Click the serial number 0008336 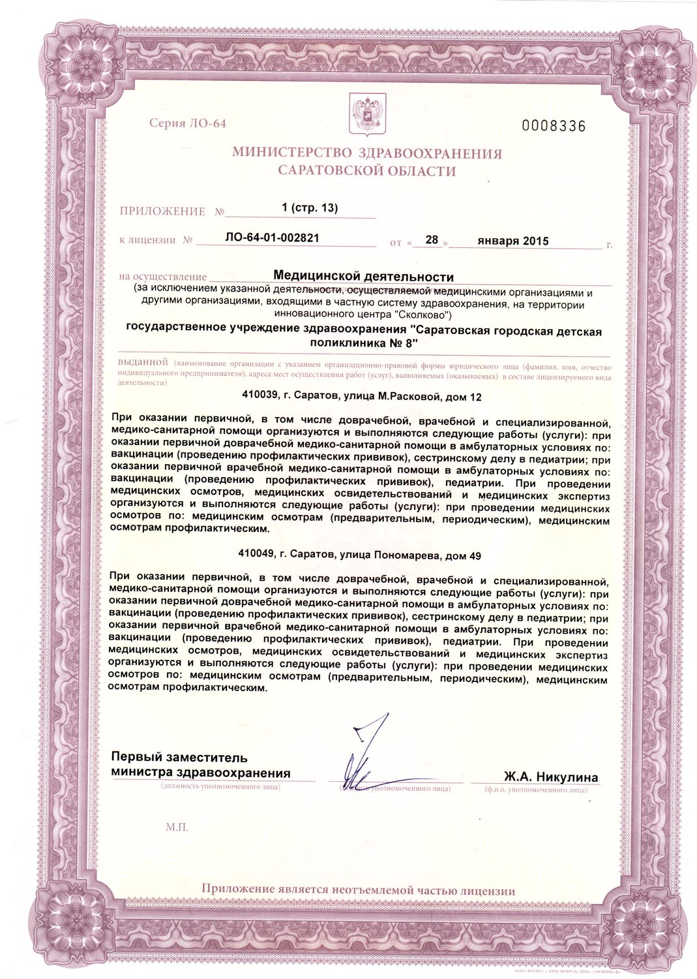point(554,126)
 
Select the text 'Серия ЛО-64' point(188,123)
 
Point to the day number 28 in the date point(431,240)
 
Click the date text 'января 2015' point(512,240)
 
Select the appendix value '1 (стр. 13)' point(309,208)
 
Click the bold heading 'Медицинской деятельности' point(363,277)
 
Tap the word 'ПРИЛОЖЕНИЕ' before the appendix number point(162,211)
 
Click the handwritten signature point(365,751)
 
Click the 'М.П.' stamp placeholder point(177,827)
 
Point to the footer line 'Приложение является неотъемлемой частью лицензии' point(358,890)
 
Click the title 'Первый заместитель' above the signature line point(179,758)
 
